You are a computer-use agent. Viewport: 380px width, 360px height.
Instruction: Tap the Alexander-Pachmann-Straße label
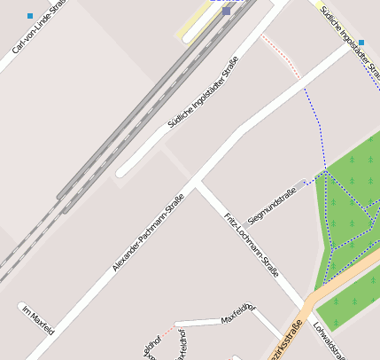pyautogui.click(x=148, y=232)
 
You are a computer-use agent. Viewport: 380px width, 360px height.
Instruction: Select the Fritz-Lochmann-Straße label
pyautogui.click(x=252, y=245)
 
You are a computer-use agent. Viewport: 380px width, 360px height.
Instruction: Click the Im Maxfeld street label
pyautogui.click(x=39, y=321)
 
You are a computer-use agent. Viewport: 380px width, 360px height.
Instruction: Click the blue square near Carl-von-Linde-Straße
pyautogui.click(x=30, y=16)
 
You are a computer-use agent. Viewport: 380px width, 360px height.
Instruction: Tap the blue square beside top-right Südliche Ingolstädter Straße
pyautogui.click(x=361, y=42)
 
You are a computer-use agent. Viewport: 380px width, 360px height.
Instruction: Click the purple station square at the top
pyautogui.click(x=227, y=11)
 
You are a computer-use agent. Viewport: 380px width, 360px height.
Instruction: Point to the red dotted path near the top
pyautogui.click(x=281, y=55)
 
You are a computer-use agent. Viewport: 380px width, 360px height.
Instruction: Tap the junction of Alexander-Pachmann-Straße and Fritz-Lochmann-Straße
pyautogui.click(x=198, y=183)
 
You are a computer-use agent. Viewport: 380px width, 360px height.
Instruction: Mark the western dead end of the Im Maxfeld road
pyautogui.click(x=23, y=308)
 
